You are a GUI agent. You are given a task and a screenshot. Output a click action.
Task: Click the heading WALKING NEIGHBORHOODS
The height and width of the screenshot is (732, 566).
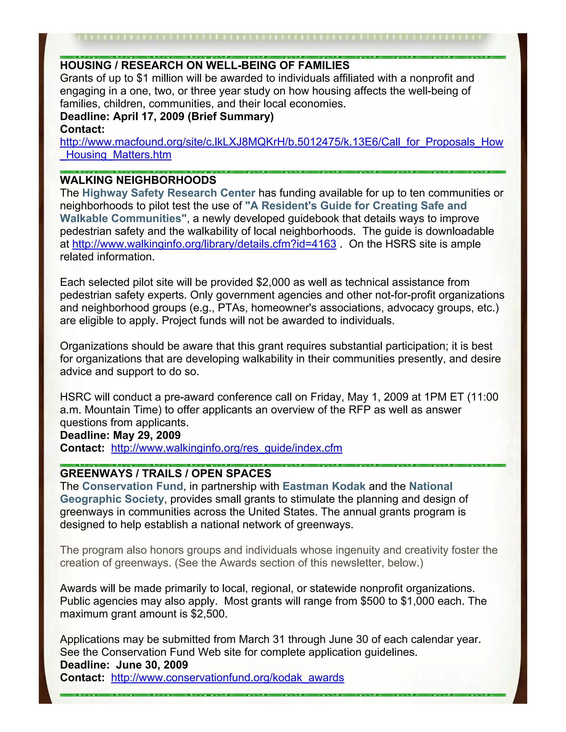point(138,180)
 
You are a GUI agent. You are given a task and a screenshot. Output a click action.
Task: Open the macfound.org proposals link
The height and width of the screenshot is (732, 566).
point(281,142)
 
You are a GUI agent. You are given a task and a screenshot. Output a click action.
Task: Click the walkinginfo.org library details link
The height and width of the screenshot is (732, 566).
point(204,244)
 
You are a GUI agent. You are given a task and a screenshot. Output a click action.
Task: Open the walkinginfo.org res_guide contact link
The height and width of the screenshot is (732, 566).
point(226,448)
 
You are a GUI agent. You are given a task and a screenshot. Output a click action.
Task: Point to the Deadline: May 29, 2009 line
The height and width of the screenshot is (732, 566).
point(120,435)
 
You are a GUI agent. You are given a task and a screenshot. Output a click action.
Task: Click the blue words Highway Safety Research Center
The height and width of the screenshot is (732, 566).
point(169,193)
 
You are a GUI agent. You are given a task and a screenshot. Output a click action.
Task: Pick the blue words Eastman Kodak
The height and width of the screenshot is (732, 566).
point(324,486)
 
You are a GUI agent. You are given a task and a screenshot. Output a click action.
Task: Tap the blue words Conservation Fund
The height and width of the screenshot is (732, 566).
point(132,486)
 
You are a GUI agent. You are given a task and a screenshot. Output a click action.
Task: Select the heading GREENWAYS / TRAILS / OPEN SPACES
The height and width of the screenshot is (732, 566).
point(165,473)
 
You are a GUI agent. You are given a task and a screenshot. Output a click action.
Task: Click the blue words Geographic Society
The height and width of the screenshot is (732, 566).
point(112,499)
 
